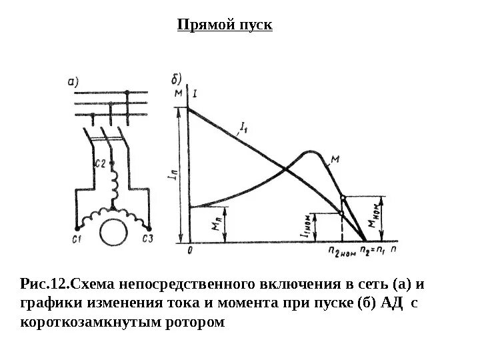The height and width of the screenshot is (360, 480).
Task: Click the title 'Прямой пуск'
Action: click(225, 25)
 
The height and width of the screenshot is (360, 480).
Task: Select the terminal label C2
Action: click(101, 162)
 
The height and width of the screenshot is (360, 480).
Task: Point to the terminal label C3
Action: click(149, 239)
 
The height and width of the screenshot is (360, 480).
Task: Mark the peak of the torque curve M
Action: click(308, 151)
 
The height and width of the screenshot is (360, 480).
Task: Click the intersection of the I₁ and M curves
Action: click(287, 169)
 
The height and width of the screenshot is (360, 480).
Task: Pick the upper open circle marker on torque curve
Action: click(343, 198)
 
